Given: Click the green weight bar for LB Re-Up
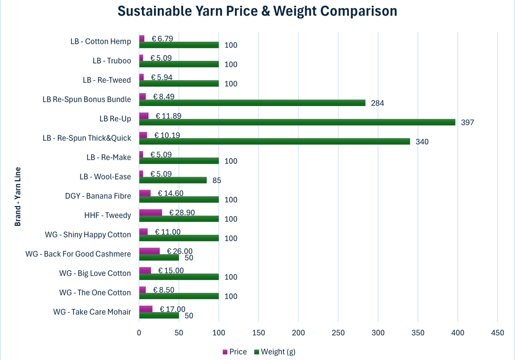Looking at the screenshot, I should pyautogui.click(x=297, y=122).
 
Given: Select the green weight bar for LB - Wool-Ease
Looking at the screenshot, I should pyautogui.click(x=173, y=180).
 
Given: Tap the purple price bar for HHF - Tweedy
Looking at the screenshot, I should pyautogui.click(x=150, y=213).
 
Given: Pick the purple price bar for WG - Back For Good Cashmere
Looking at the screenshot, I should pyautogui.click(x=149, y=251).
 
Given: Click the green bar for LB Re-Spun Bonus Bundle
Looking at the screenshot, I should pyautogui.click(x=252, y=103).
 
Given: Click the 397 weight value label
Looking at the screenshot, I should pyautogui.click(x=468, y=122).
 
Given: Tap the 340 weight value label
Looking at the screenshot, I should pyautogui.click(x=422, y=142).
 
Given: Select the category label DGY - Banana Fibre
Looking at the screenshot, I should pyautogui.click(x=98, y=196).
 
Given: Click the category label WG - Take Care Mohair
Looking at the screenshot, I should pyautogui.click(x=92, y=312).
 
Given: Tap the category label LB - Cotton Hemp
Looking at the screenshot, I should pyautogui.click(x=101, y=41).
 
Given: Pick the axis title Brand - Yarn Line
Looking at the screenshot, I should pyautogui.click(x=18, y=196).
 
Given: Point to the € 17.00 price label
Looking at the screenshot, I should pyautogui.click(x=173, y=309).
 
